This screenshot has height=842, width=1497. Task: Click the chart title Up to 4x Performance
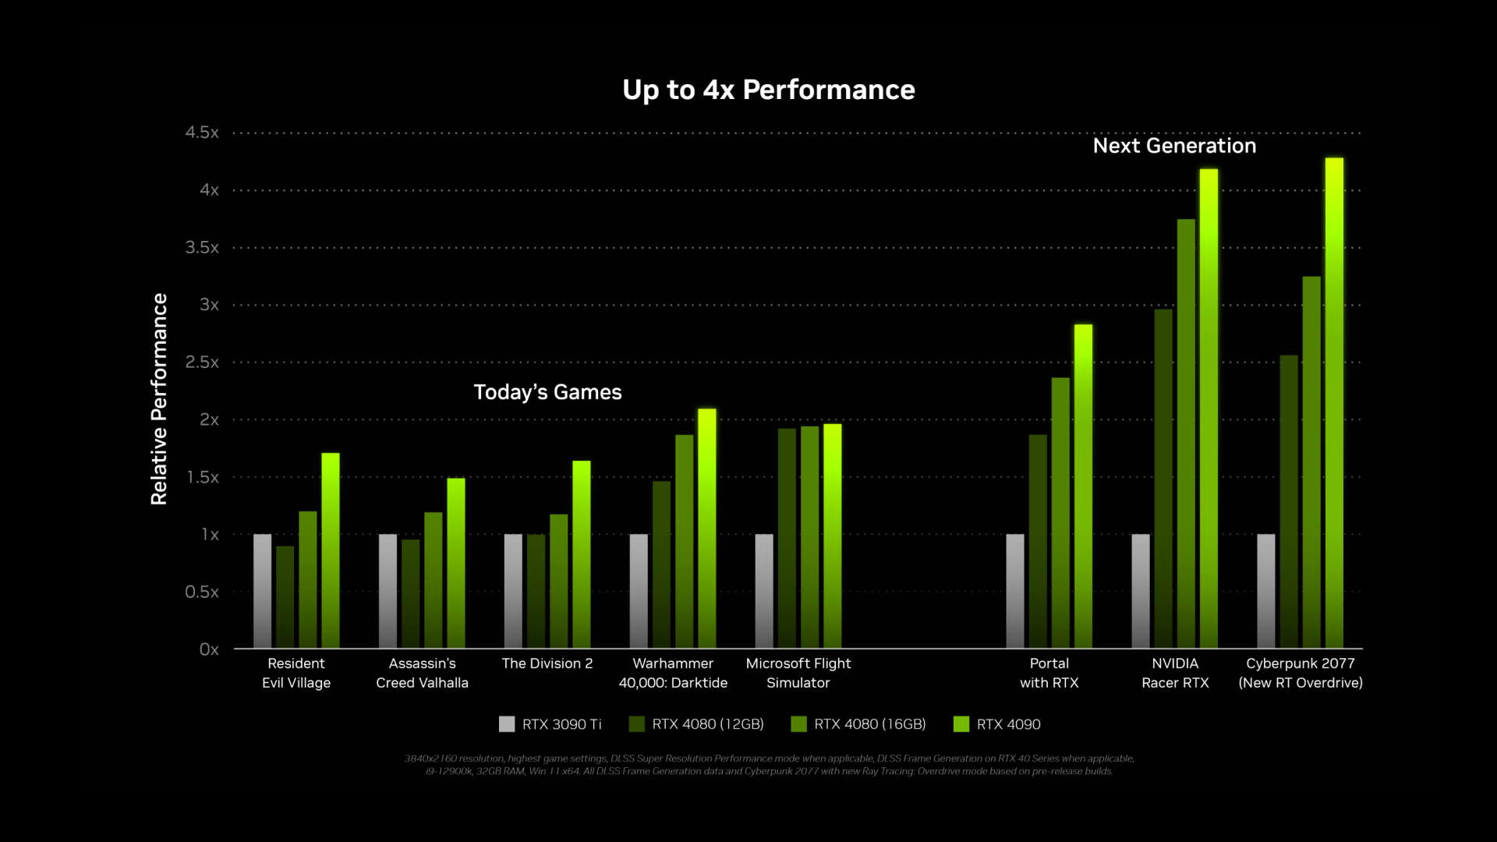pos(768,90)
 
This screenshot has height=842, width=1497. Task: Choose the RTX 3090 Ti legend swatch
pos(507,724)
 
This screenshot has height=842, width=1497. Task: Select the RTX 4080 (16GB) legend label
pos(870,724)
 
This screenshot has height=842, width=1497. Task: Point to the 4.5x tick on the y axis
pos(202,133)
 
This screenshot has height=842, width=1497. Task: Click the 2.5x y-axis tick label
pos(202,363)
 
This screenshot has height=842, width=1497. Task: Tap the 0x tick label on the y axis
pos(209,649)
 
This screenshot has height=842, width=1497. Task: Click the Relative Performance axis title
pos(159,399)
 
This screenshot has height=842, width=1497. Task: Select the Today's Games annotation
pos(547,392)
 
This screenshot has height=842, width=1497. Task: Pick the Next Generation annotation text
pos(1174,146)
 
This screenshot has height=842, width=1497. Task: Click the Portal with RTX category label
pos(1049,673)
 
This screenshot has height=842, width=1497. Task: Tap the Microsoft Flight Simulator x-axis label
pos(798,673)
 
